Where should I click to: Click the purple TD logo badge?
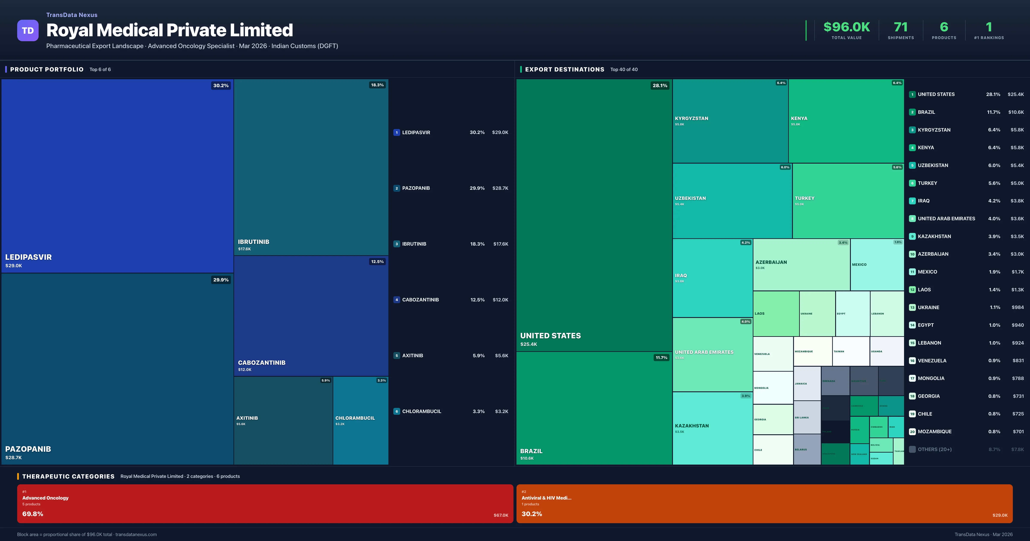tap(28, 30)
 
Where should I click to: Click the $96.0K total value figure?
tap(847, 27)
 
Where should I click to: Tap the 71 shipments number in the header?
tap(900, 27)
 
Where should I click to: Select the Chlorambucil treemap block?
tap(360, 420)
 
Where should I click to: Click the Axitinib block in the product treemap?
tap(283, 420)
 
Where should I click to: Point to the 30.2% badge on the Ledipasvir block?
tap(221, 86)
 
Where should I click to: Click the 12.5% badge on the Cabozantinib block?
tap(377, 262)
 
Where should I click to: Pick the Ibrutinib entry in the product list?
tap(414, 244)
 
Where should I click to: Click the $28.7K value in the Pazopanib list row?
tap(500, 188)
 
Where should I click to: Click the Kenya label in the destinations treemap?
tap(799, 119)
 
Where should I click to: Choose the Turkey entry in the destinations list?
tap(927, 183)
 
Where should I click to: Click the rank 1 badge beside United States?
tap(912, 94)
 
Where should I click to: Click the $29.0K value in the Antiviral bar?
tap(1000, 515)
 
